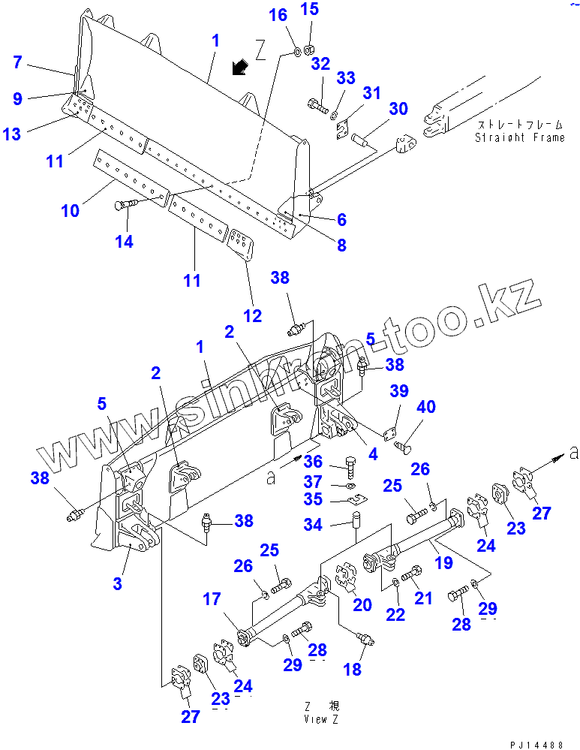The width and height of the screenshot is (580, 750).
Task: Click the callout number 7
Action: [18, 62]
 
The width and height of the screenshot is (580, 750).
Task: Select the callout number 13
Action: [12, 134]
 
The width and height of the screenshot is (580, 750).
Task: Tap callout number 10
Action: [70, 211]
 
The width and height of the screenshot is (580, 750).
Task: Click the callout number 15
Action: [309, 9]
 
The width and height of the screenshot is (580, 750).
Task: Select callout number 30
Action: [398, 109]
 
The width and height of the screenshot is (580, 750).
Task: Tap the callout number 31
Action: [372, 93]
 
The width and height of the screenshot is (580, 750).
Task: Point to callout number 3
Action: [117, 584]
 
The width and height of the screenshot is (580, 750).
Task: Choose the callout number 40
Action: [425, 408]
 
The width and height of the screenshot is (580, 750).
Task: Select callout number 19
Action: [443, 562]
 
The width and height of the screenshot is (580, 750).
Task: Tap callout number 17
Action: [212, 598]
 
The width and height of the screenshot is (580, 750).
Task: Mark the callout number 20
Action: [362, 605]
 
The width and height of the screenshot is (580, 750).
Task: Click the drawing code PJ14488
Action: [536, 744]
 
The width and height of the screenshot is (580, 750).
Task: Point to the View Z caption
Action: [320, 713]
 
